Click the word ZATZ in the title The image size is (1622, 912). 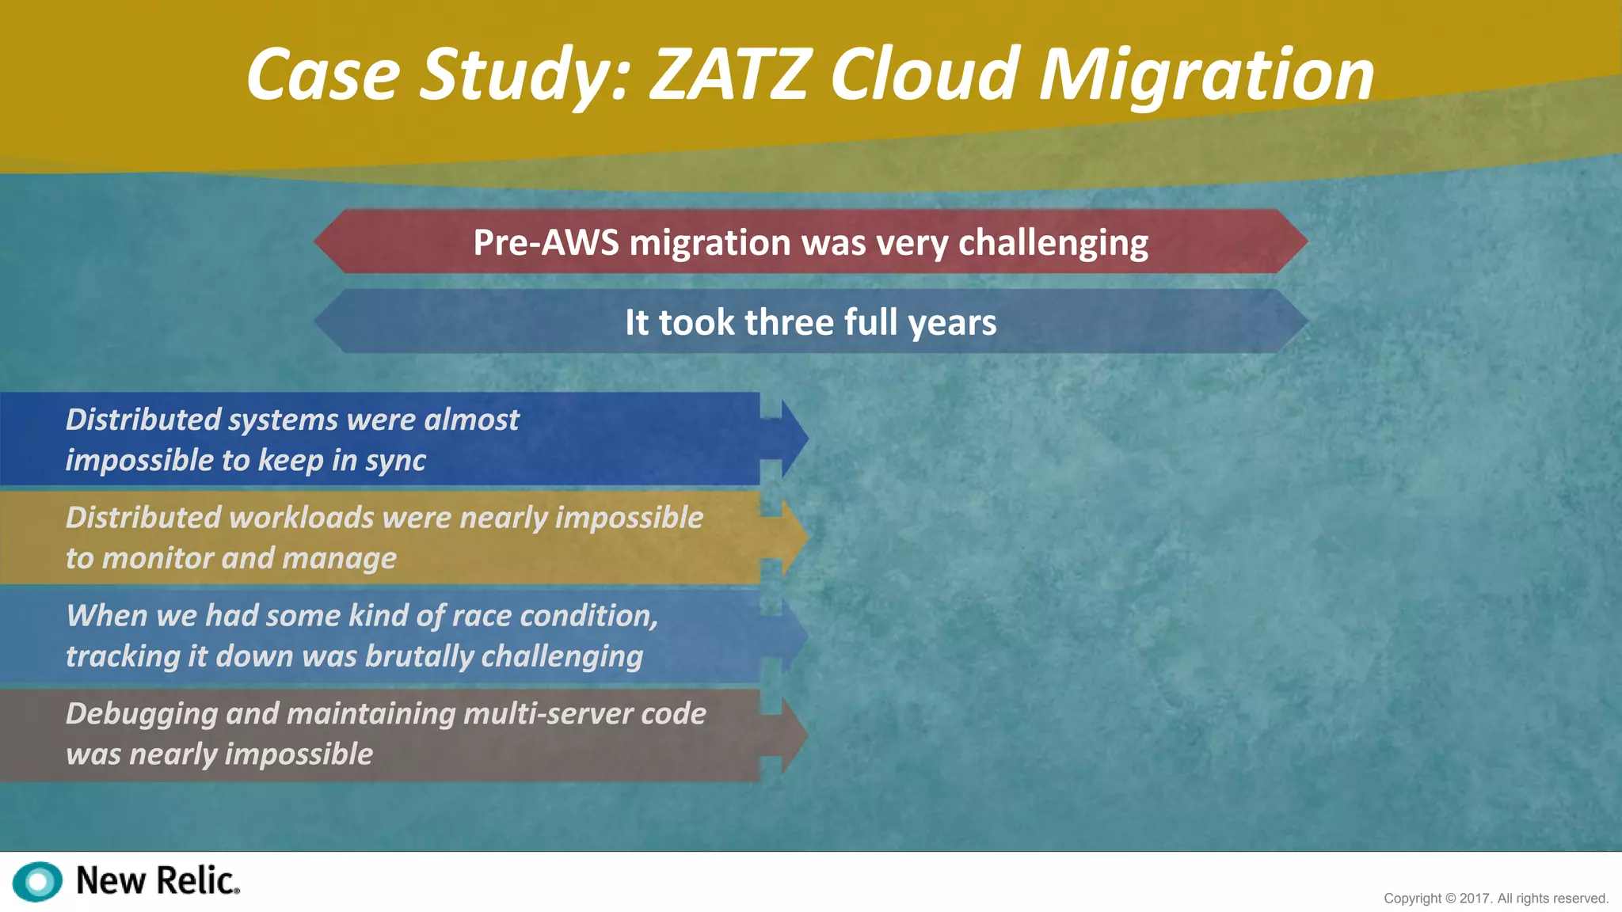point(730,74)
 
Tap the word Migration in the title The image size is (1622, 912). point(1205,76)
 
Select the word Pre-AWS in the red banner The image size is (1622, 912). point(546,242)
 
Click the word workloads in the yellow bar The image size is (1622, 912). point(300,518)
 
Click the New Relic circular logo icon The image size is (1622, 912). point(37,881)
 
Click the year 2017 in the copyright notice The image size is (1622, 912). point(1475,899)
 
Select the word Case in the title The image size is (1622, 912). point(323,76)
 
